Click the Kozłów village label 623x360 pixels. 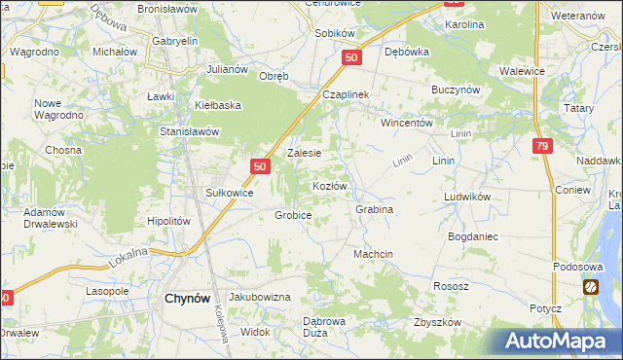point(329,185)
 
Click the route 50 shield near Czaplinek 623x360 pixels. point(352,58)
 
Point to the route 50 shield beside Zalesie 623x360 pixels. point(259,167)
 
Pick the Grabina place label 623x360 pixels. point(374,209)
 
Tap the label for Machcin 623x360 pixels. point(373,254)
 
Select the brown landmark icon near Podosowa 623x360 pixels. point(591,287)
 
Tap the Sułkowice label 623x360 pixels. point(229,194)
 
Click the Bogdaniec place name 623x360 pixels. point(473,236)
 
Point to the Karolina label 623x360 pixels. point(464,24)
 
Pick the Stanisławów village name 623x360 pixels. point(191,130)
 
